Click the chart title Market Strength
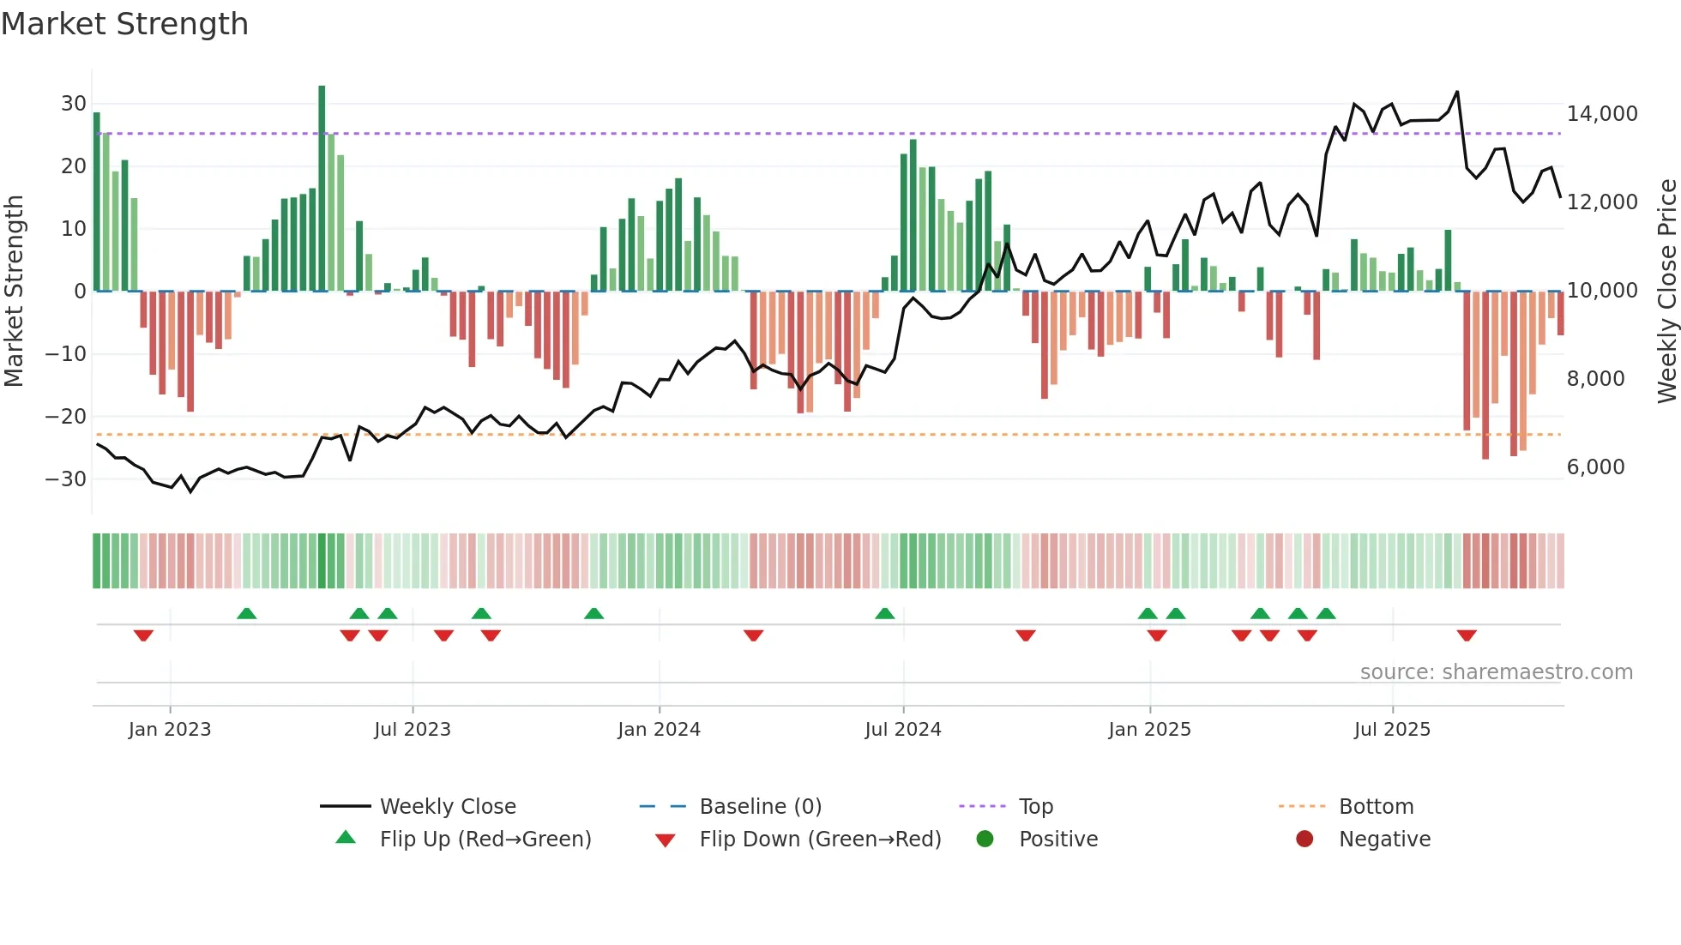124,24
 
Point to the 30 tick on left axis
74,104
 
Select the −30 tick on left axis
66,479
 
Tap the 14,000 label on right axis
1602,114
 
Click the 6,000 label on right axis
1595,467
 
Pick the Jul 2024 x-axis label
903,730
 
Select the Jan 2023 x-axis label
170,730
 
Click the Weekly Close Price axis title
1666,292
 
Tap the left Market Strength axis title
15,292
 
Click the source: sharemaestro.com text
1496,672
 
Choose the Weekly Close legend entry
448,807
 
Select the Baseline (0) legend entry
760,807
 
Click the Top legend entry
1035,807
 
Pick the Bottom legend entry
1376,807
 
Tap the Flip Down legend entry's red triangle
665,840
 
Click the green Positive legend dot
985,840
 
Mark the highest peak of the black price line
1457,92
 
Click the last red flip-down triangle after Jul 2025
1467,635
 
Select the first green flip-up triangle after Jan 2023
246,613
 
